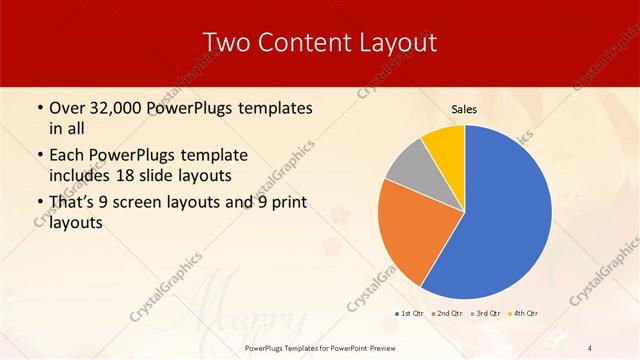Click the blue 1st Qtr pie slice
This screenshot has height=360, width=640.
[505, 215]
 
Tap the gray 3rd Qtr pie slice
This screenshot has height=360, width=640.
[409, 168]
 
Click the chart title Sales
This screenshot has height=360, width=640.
[464, 110]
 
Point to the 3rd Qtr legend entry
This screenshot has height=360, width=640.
[485, 313]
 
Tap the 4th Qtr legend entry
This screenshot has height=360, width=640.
[523, 313]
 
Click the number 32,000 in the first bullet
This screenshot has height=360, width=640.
[114, 108]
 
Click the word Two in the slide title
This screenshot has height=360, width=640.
[225, 42]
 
